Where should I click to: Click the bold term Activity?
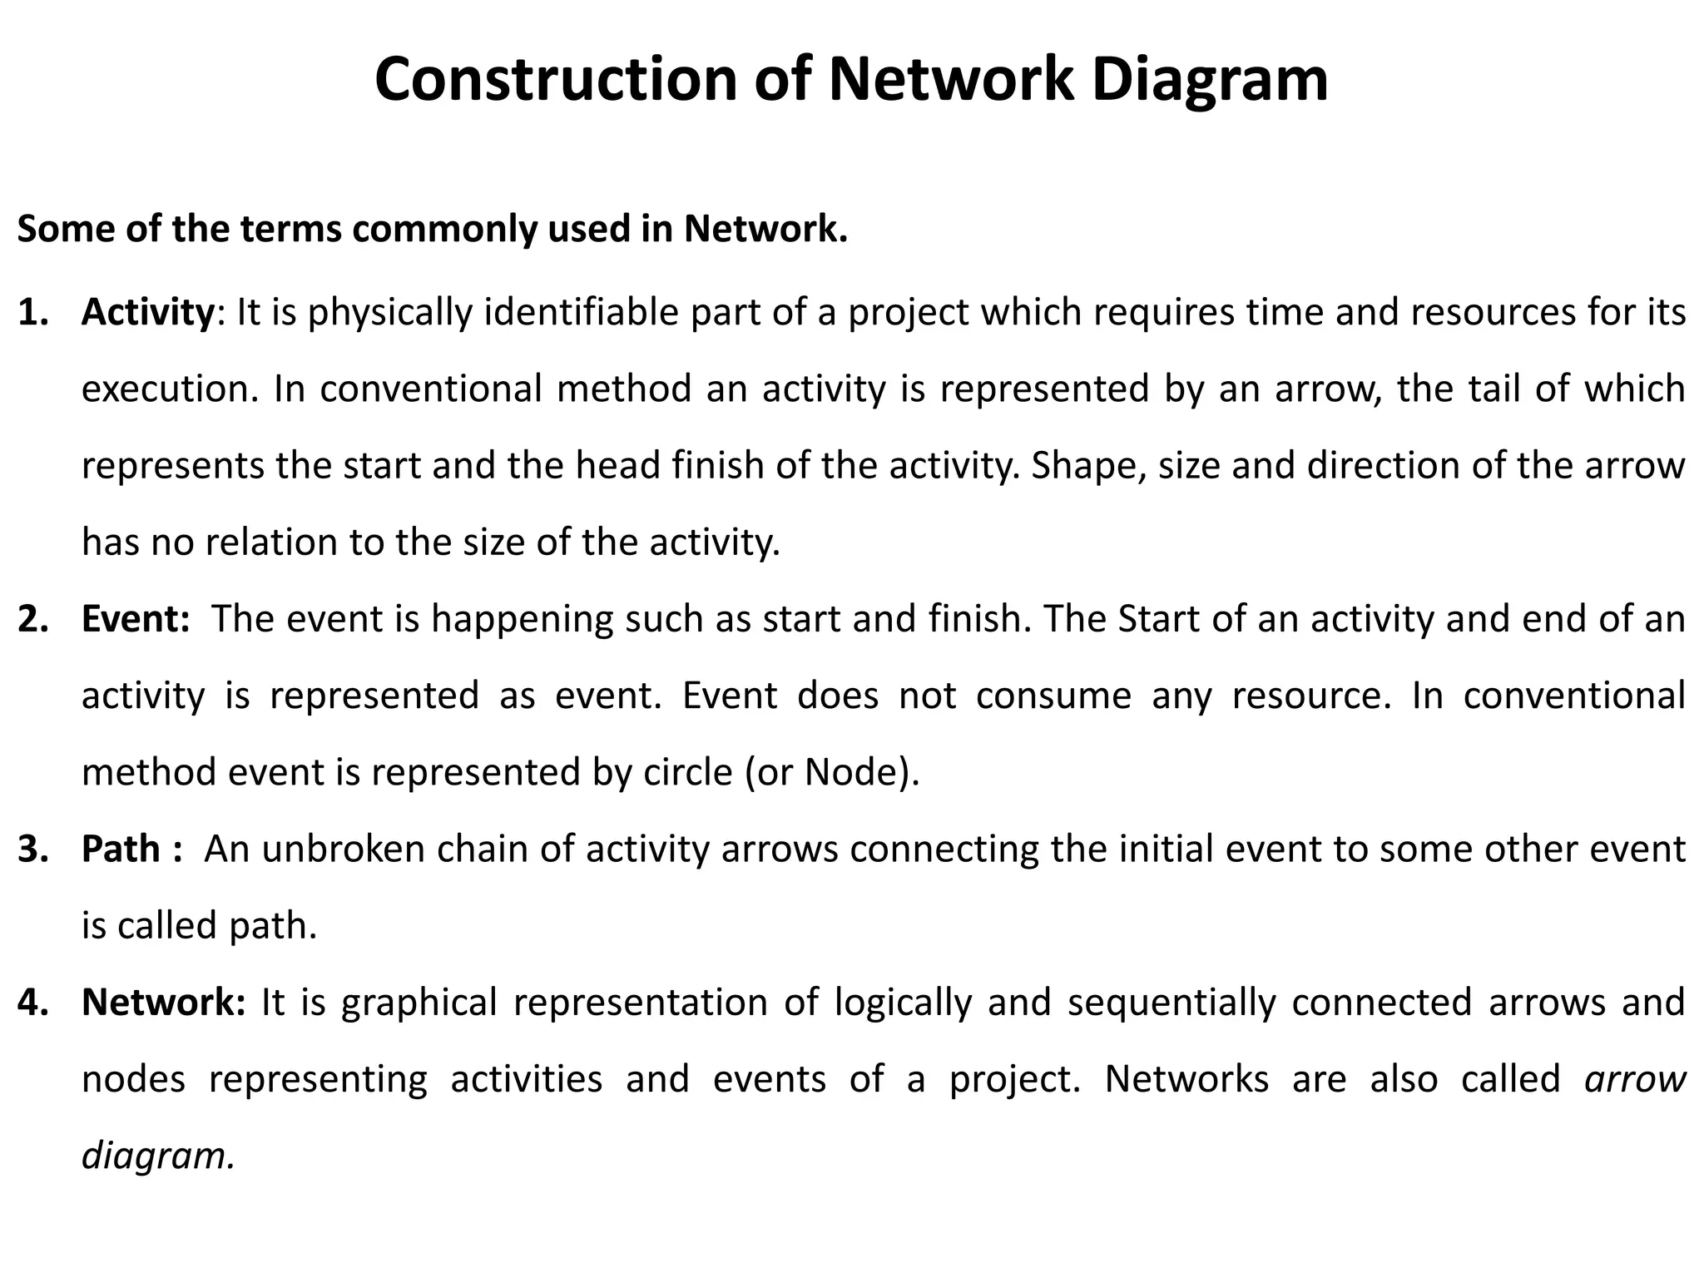[x=148, y=313]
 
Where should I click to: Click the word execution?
[x=170, y=389]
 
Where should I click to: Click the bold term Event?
[x=136, y=619]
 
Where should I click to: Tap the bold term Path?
[x=121, y=849]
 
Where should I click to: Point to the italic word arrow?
[x=1635, y=1079]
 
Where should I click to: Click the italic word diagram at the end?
[x=156, y=1156]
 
